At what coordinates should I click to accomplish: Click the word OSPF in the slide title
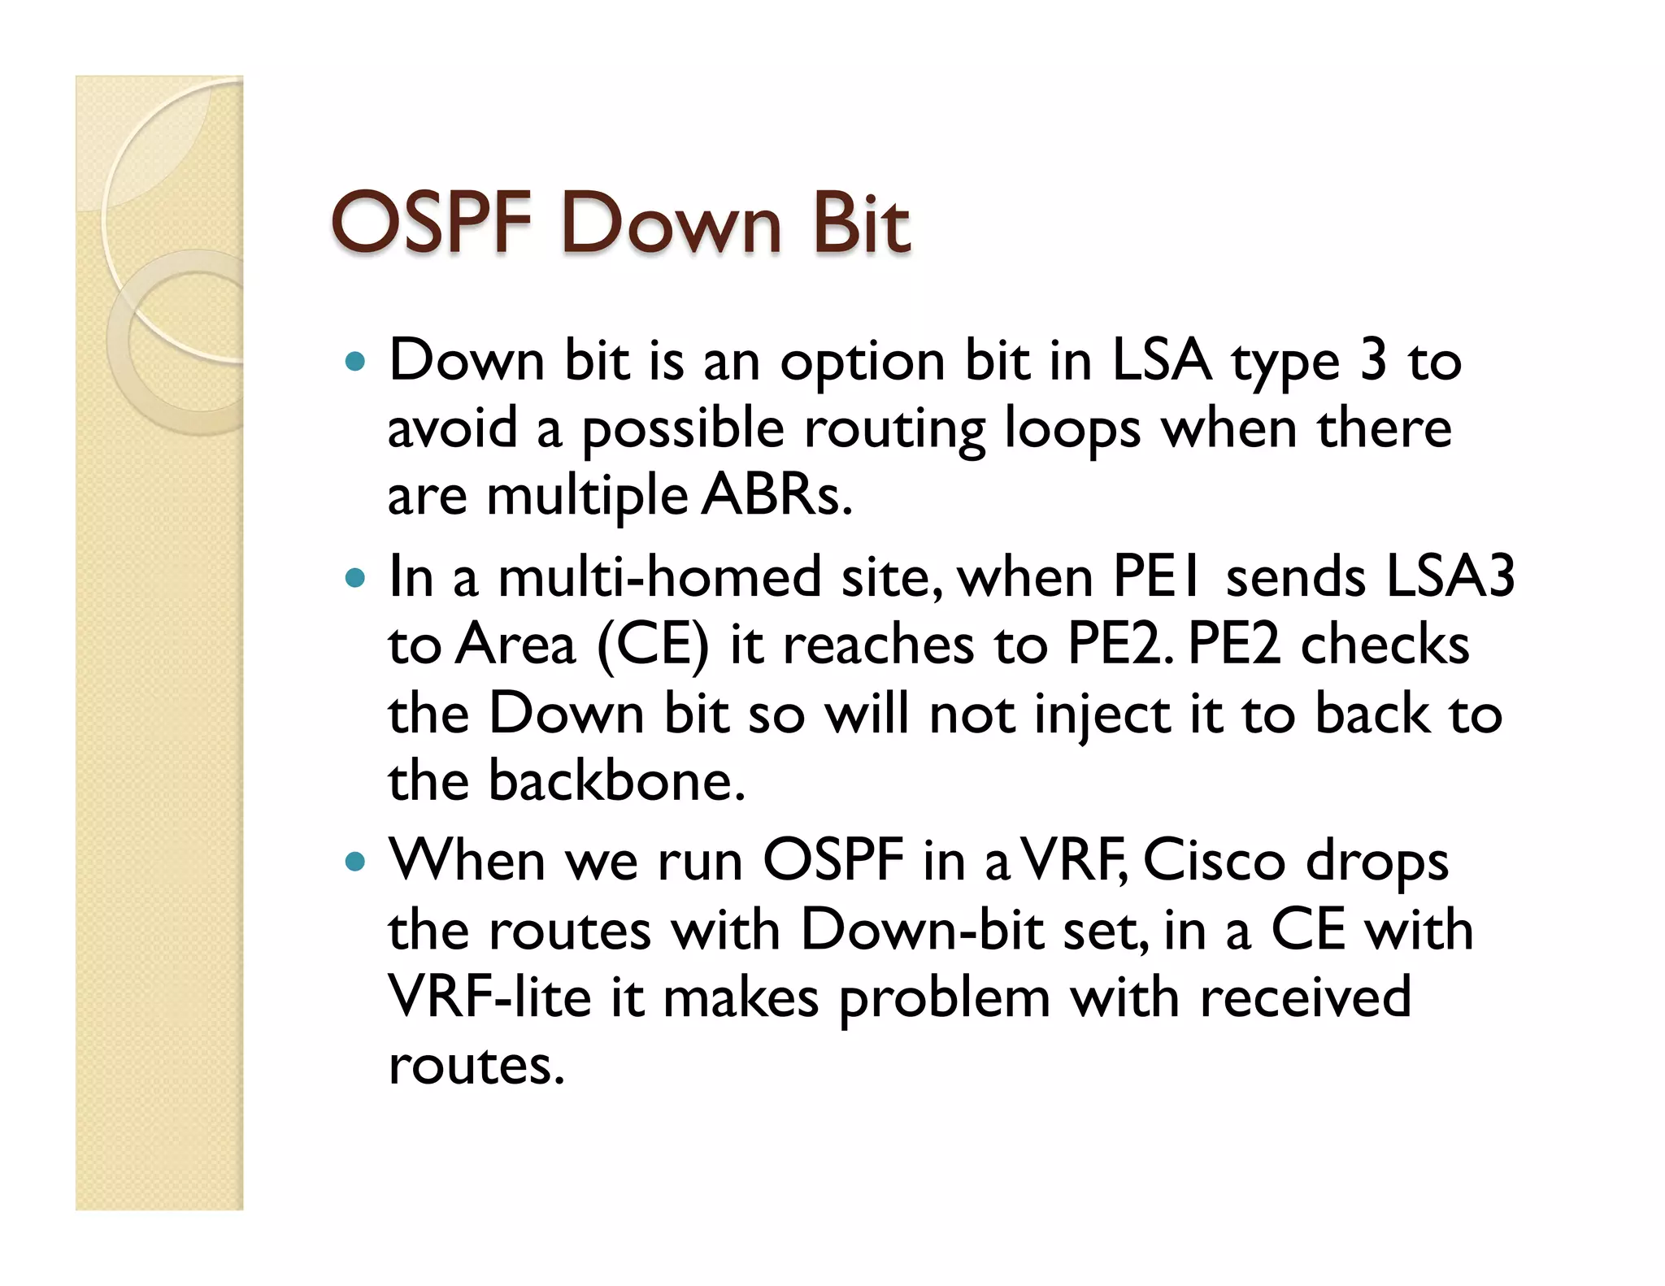pyautogui.click(x=431, y=223)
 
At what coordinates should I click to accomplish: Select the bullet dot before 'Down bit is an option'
pyautogui.click(x=354, y=361)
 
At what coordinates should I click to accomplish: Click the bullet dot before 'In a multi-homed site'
pyautogui.click(x=354, y=578)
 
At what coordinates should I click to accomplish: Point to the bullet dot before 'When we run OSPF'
pyautogui.click(x=354, y=862)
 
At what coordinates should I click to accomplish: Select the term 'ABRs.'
pyautogui.click(x=777, y=495)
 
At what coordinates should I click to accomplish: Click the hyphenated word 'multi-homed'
pyautogui.click(x=659, y=577)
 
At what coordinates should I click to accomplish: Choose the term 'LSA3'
pyautogui.click(x=1450, y=577)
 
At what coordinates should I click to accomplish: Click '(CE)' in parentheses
pyautogui.click(x=653, y=645)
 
